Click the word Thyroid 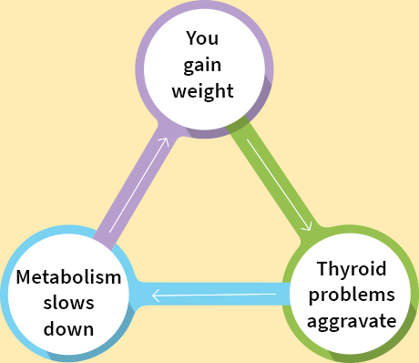pyautogui.click(x=351, y=269)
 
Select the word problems pyautogui.click(x=351, y=295)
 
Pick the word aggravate pyautogui.click(x=351, y=321)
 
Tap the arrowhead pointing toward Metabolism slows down pyautogui.click(x=157, y=295)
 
